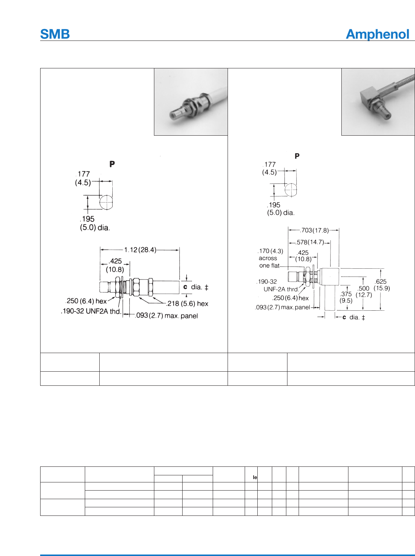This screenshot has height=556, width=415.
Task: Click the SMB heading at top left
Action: click(55, 34)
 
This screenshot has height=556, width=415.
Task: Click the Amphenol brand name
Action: click(377, 34)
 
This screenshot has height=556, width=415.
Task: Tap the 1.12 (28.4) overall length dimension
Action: click(140, 250)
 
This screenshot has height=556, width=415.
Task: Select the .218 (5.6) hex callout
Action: click(187, 304)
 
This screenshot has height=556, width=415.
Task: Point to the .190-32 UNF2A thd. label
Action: click(91, 311)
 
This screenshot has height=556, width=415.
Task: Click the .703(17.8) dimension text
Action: click(315, 230)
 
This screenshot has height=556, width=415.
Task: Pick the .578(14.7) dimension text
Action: click(310, 242)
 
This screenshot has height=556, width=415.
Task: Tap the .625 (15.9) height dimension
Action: click(382, 285)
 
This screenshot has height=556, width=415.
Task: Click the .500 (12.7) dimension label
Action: click(364, 291)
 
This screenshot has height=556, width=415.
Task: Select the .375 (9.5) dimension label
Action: click(346, 297)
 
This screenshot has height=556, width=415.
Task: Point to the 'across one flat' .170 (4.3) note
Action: click(270, 258)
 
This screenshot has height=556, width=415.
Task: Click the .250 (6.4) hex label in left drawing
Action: click(86, 301)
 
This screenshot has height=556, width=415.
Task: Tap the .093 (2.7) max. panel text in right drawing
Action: click(283, 307)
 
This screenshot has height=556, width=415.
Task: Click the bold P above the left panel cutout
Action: click(112, 164)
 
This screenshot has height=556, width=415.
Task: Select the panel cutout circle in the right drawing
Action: click(291, 190)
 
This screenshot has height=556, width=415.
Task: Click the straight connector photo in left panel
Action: click(191, 102)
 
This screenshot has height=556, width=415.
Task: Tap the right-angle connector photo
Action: click(378, 102)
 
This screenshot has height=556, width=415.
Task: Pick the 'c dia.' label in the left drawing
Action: click(196, 287)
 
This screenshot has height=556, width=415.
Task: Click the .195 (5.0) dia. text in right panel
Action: click(280, 209)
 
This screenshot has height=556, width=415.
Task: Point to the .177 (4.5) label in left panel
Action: click(83, 178)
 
